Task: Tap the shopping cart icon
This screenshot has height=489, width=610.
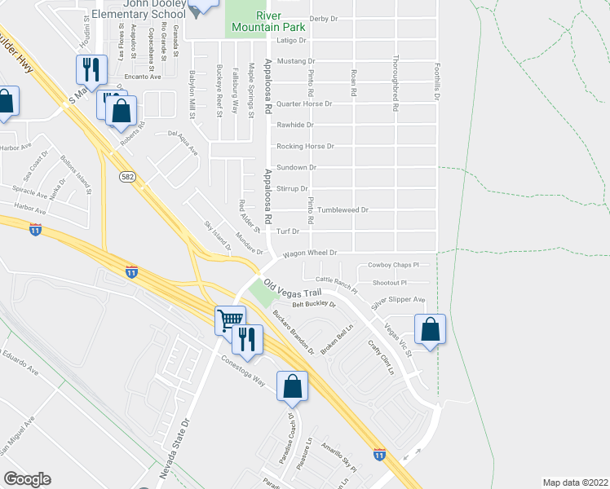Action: pos(230,320)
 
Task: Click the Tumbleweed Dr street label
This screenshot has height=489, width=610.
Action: pos(343,209)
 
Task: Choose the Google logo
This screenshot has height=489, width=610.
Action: pos(27,479)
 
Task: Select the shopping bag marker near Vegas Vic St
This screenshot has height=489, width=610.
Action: pos(431,329)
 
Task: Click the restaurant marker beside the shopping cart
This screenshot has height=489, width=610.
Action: pos(247,338)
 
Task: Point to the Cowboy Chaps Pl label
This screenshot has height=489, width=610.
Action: pos(392,265)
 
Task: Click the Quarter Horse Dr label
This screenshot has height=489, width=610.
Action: pos(304,104)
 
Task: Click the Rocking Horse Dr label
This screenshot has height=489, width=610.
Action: pos(306,147)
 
